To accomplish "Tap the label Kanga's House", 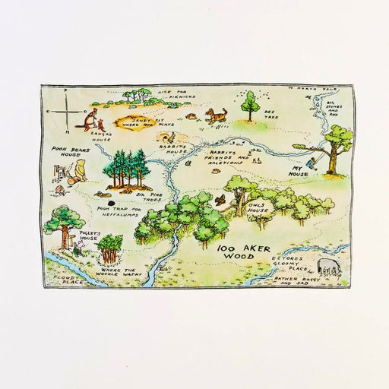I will point(100,137).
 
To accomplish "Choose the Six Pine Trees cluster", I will point(125,168).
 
